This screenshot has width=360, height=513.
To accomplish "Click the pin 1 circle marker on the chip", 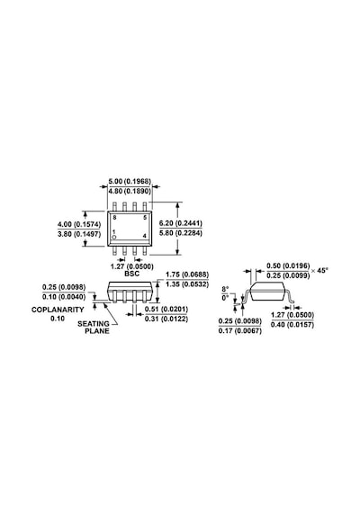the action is (114, 237).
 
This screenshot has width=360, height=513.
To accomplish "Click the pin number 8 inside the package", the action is (114, 218).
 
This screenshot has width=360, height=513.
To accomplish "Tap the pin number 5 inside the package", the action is (145, 218).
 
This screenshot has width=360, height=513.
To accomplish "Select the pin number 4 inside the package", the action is (145, 236).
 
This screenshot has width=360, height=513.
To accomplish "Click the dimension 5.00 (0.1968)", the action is (130, 181).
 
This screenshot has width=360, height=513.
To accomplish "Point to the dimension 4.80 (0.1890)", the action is (130, 191).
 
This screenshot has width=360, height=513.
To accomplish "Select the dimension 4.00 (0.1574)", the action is (79, 224).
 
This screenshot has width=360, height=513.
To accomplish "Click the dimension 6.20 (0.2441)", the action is (181, 223).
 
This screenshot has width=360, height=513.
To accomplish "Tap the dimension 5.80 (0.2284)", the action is (181, 233).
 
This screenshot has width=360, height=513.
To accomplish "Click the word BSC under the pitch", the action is (132, 274).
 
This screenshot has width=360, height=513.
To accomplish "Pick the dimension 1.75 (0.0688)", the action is (187, 274).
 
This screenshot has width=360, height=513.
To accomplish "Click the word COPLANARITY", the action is (58, 310).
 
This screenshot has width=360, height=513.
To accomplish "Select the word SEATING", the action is (94, 324).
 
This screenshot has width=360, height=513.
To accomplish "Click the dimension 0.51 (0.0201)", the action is (166, 310).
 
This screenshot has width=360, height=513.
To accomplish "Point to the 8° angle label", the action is (225, 289).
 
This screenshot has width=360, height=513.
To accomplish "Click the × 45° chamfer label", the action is (319, 271).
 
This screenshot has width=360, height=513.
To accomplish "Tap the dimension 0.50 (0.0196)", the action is (288, 265).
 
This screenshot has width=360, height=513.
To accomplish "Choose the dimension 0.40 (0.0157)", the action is (292, 325).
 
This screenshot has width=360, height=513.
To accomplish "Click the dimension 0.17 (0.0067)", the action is (240, 331).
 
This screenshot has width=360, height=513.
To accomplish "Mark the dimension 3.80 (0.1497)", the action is (79, 234).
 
